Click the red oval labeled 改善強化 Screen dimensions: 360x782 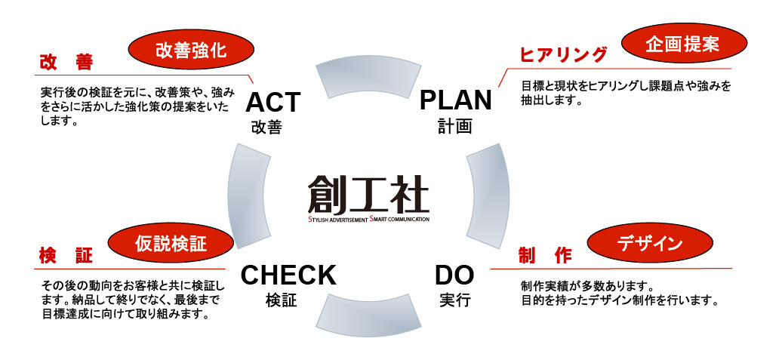[x=189, y=51]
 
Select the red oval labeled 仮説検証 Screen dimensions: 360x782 [x=170, y=245]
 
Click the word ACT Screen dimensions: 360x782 [x=272, y=103]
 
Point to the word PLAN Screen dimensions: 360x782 [x=455, y=99]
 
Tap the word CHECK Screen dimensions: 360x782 [x=288, y=275]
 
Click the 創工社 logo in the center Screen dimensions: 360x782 [x=368, y=195]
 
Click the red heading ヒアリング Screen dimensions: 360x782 [x=563, y=54]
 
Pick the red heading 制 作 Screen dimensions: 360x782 [x=544, y=255]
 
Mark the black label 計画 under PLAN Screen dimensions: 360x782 [x=454, y=126]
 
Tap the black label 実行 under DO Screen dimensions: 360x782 [x=454, y=300]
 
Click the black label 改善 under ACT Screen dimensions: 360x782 [x=266, y=127]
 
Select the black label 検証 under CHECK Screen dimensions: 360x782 [x=281, y=300]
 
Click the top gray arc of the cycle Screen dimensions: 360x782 [x=368, y=78]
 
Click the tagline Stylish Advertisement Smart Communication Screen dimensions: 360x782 [x=368, y=220]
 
